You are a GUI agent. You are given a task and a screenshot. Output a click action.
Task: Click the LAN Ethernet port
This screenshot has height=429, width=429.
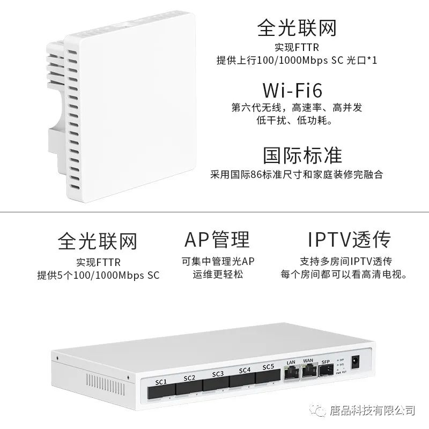(291, 373)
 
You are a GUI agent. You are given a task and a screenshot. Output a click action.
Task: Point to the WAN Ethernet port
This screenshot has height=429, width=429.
(308, 371)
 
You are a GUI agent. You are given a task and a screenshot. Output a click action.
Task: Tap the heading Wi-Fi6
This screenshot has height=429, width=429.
(297, 89)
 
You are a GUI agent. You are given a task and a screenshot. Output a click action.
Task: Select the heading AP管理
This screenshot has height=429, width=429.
(216, 240)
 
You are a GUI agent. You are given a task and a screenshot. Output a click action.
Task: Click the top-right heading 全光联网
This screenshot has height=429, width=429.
(297, 27)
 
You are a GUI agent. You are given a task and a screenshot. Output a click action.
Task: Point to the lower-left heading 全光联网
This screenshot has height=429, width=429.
(98, 241)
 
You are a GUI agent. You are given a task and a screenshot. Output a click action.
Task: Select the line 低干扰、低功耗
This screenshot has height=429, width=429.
(297, 121)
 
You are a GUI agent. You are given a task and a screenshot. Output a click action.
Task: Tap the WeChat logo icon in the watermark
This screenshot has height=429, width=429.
(334, 410)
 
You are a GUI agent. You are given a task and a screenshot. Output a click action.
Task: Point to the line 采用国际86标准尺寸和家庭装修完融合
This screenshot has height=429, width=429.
(297, 175)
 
